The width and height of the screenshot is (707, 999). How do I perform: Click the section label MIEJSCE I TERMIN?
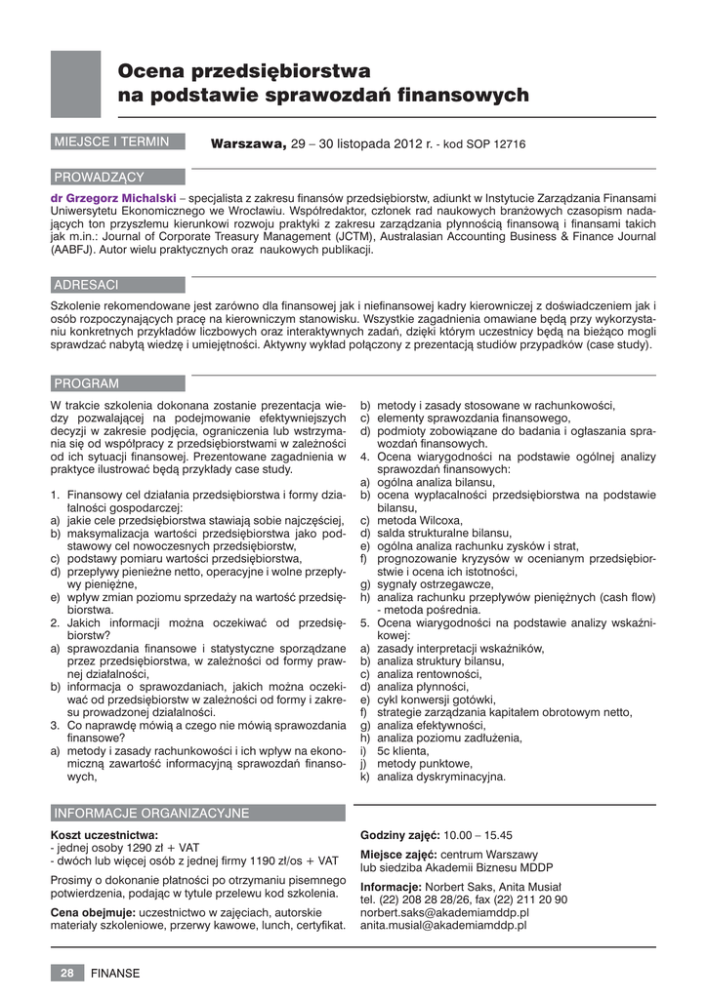point(111,142)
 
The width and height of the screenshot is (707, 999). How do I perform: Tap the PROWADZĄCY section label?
point(99,177)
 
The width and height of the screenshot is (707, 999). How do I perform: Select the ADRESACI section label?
point(86,285)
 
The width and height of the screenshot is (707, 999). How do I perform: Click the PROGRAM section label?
point(86,383)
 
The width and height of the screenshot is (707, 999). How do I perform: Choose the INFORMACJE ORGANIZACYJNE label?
point(151,813)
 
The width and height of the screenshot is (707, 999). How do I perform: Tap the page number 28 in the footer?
point(67,973)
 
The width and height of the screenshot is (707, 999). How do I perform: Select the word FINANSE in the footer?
point(115,973)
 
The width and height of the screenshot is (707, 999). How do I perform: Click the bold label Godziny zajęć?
point(399,835)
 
